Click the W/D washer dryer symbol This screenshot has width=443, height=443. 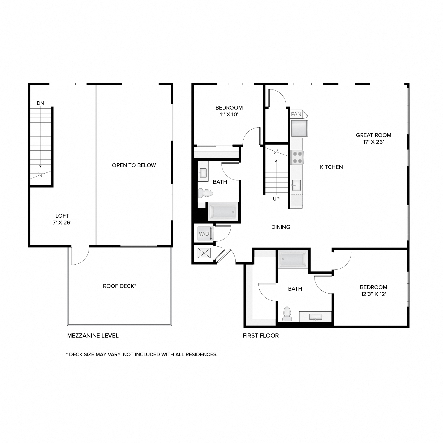point(204,234)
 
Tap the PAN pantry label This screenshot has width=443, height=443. point(297,114)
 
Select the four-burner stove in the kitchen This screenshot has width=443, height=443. point(297,157)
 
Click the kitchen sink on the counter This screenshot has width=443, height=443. point(296,185)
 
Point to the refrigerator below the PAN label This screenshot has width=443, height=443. point(299,128)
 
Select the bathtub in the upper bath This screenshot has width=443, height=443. point(223,211)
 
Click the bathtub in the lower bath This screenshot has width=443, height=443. point(293,259)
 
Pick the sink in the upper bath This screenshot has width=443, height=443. point(203,172)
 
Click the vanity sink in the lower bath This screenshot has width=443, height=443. point(315,317)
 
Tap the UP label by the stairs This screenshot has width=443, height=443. point(276,199)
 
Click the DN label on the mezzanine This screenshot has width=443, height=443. point(40,103)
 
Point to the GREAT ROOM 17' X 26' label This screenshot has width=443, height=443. point(373,139)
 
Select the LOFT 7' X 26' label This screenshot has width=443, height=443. point(62,219)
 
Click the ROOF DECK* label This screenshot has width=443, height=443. point(119,286)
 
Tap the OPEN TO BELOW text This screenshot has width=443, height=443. point(134,165)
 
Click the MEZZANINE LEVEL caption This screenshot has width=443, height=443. point(93,335)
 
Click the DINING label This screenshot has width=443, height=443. point(281,227)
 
